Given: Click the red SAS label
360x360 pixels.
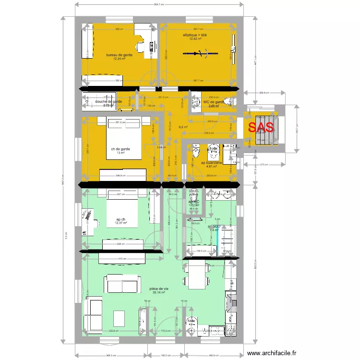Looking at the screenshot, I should point(261,127).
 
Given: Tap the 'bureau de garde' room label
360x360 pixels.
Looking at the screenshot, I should point(120,55).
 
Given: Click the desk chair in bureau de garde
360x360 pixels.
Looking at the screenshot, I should point(141,47).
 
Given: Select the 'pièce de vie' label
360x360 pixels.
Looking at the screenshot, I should point(159,288).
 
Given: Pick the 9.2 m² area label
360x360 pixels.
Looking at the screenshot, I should point(183,127).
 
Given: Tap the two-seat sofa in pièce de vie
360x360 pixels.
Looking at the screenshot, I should point(122,284).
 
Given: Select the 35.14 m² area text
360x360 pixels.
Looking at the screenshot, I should point(159,292).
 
